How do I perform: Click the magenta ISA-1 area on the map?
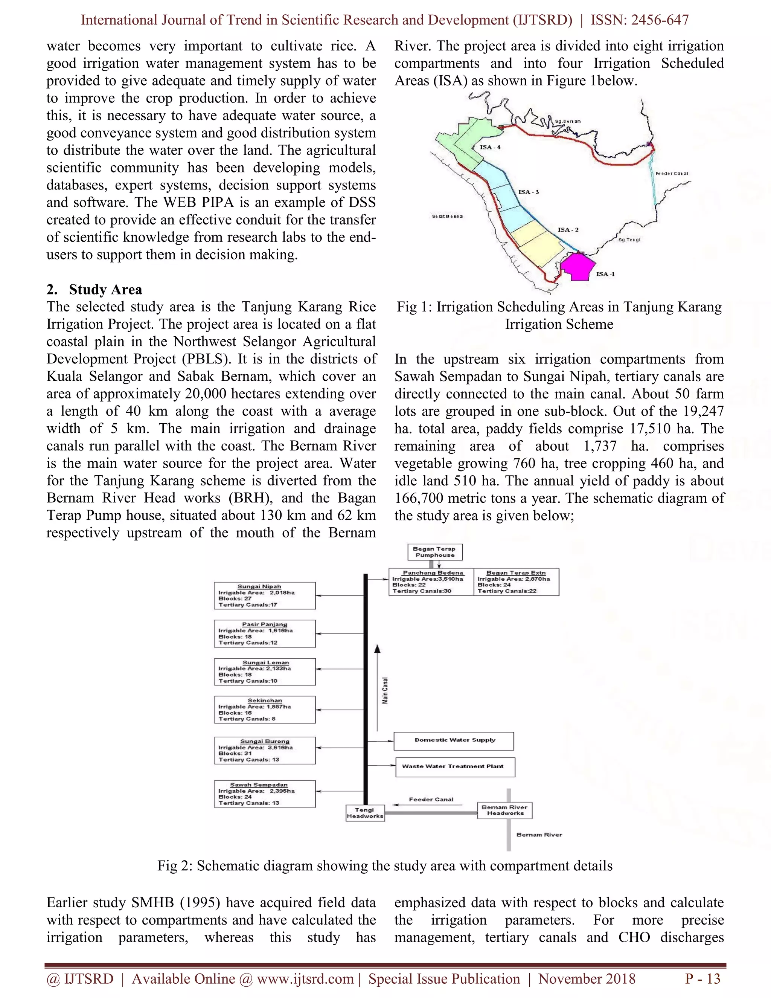(578, 267)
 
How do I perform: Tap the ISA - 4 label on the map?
(490, 147)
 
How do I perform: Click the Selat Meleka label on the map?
(447, 216)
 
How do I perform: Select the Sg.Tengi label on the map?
(629, 240)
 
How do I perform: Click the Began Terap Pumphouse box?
(434, 552)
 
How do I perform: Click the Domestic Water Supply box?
(454, 741)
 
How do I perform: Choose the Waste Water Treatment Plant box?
(455, 767)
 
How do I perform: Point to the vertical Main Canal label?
(385, 690)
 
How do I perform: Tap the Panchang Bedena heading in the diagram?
(433, 572)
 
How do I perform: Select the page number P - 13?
(702, 979)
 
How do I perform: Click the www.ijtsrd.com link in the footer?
(305, 979)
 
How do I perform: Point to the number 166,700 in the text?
(421, 498)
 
